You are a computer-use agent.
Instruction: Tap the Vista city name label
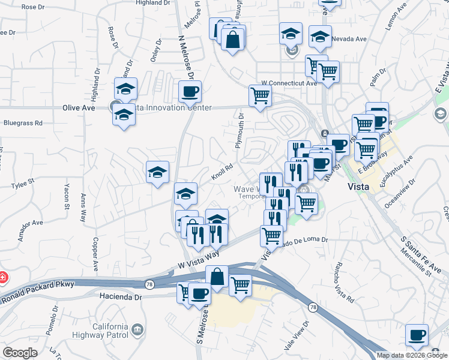(x=362, y=186)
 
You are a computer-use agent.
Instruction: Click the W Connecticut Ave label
(x=288, y=83)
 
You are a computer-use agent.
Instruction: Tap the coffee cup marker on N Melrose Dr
(x=190, y=92)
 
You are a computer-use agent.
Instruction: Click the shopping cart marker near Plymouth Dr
(x=260, y=95)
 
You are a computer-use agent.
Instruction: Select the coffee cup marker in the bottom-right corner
(x=416, y=335)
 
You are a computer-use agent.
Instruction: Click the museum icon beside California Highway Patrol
(x=137, y=329)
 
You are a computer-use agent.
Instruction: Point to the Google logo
(x=20, y=353)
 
